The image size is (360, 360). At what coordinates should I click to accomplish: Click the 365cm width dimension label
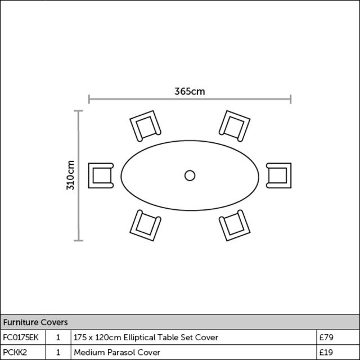(190, 91)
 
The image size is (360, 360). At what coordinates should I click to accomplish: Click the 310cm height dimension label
(70, 175)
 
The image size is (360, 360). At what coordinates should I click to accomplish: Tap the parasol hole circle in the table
(190, 175)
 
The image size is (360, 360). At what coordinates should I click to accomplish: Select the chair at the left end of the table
(101, 175)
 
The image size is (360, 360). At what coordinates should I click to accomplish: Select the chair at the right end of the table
(279, 175)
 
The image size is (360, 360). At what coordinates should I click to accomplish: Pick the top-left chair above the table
(145, 126)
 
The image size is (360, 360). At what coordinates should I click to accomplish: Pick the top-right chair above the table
(235, 126)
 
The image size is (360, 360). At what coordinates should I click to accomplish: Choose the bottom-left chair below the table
(145, 225)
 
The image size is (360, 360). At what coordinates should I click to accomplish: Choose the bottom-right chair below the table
(235, 225)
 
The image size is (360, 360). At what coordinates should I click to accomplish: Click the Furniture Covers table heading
(35, 322)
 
